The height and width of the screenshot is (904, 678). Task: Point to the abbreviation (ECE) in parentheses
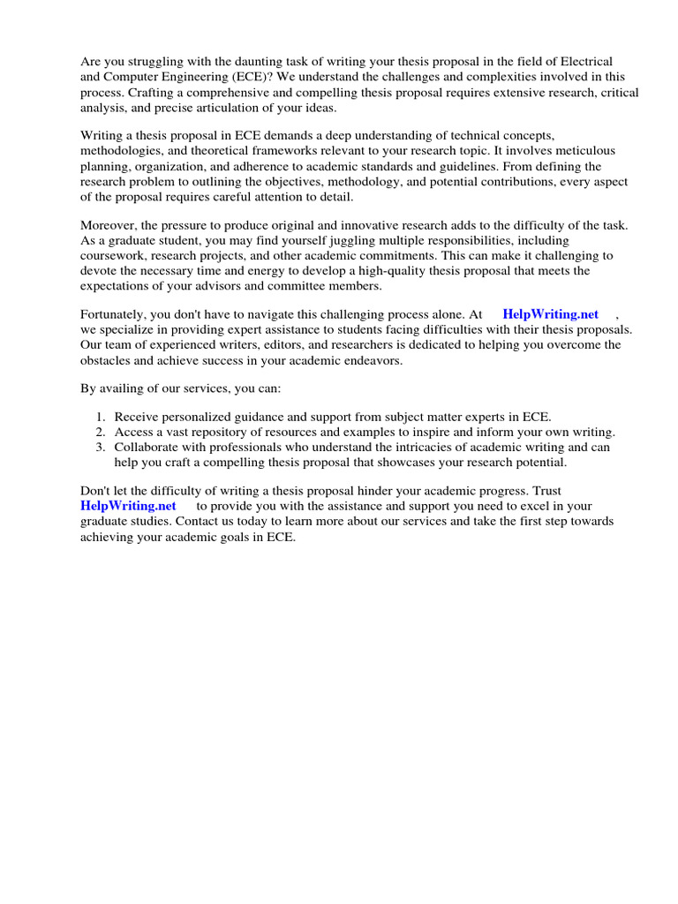(x=254, y=77)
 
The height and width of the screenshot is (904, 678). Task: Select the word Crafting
(x=150, y=93)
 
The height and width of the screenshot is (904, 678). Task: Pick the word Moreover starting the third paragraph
(x=110, y=225)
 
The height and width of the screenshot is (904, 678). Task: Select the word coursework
(x=114, y=255)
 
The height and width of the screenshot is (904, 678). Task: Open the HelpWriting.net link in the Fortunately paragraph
(x=550, y=314)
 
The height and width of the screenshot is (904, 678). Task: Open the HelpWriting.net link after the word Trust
(x=128, y=506)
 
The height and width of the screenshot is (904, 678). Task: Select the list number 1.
(x=100, y=417)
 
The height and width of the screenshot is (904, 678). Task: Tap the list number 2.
(x=100, y=432)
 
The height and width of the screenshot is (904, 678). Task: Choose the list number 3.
(x=100, y=447)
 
